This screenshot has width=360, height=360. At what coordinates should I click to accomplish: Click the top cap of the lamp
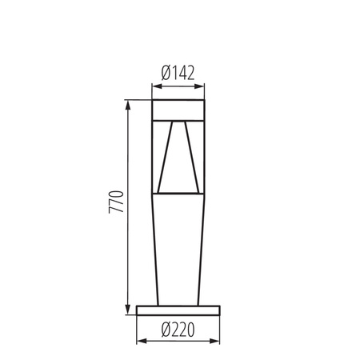[x=179, y=109]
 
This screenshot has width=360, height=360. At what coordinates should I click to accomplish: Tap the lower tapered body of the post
[x=179, y=248]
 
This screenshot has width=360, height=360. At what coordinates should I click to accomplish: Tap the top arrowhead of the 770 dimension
[x=126, y=104]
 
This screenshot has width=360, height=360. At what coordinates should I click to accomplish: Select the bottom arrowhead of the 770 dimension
[x=126, y=311]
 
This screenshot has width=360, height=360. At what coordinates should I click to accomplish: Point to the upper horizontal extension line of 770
[x=138, y=99]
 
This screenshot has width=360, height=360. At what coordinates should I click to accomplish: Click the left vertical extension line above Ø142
[x=152, y=90]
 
